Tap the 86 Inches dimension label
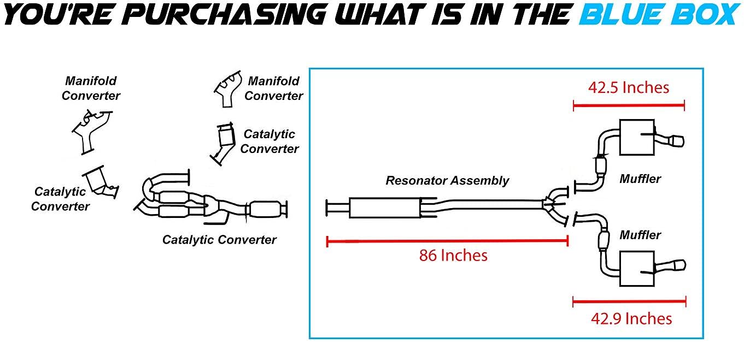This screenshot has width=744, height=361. coord(453,255)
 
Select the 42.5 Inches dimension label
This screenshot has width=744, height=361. coord(629,87)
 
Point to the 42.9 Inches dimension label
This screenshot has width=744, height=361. coord(631,318)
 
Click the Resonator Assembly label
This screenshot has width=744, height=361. coord(447,180)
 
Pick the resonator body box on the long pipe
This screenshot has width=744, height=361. coord(385,208)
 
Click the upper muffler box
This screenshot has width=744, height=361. coord(636,136)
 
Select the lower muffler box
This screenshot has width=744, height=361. coord(637,269)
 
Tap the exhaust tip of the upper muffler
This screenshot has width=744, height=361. coord(677,142)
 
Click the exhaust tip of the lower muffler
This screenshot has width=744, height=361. coord(678,266)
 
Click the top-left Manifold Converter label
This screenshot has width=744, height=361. coord(91,88)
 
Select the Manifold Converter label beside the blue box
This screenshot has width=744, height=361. coord(274,88)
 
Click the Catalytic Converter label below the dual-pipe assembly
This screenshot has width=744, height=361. coord(219,239)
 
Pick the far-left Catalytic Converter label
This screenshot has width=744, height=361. coord(60,199)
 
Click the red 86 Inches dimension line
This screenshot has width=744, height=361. coord(447,240)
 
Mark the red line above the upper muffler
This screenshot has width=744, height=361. coord(629,105)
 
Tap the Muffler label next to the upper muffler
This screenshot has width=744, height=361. coord(640,179)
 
